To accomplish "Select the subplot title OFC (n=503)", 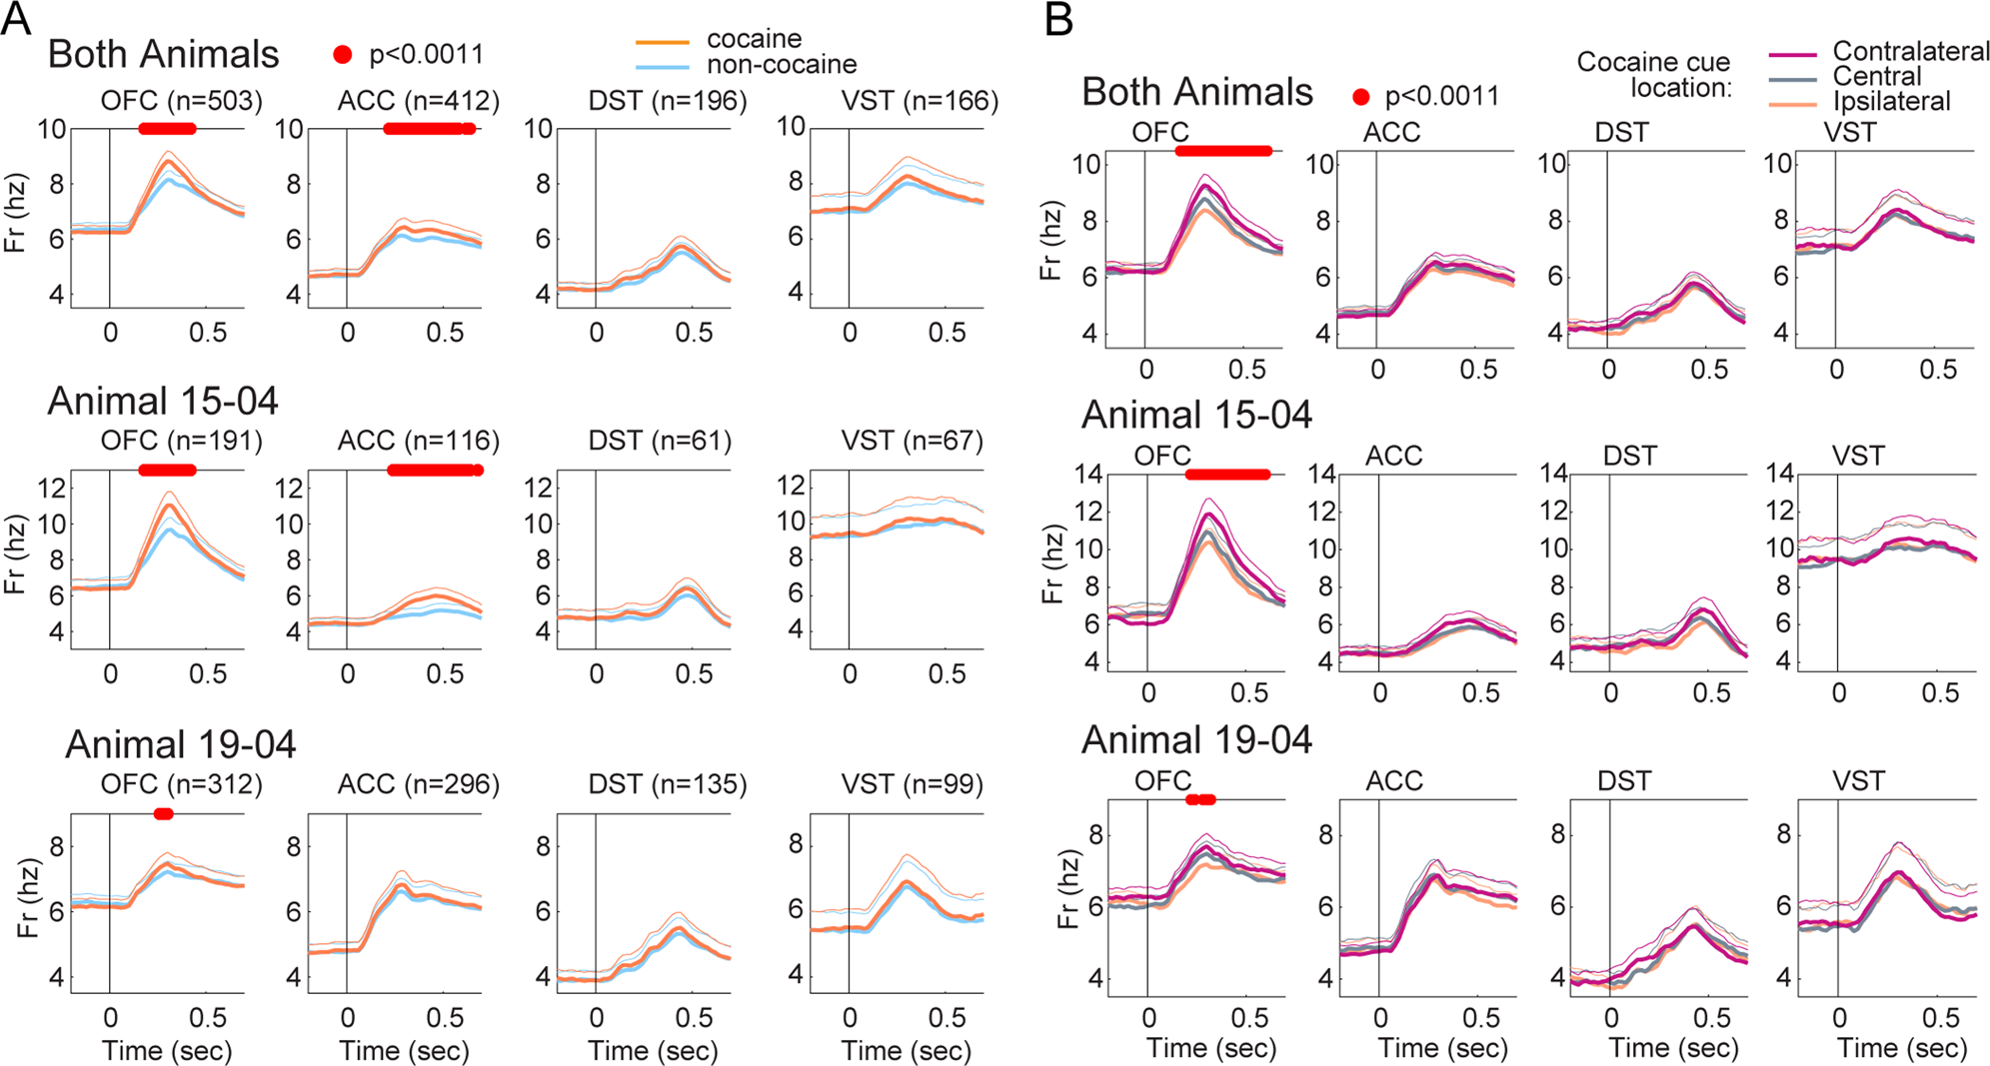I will pos(181,101).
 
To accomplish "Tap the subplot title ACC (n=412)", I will pos(418,101).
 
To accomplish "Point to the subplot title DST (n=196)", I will pos(667,101).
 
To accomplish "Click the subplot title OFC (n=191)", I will pos(181,441).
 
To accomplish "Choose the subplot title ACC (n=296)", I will pos(418,784).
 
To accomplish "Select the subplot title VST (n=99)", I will pos(912,784).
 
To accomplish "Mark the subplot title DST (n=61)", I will pos(660,441).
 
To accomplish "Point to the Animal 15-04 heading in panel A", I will pos(163,402).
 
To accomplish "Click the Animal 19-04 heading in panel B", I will pos(1196,740).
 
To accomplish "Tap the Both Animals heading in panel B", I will pos(1196,92).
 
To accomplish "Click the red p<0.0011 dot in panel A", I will pos(343,55).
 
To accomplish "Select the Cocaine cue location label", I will pos(1653,75).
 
